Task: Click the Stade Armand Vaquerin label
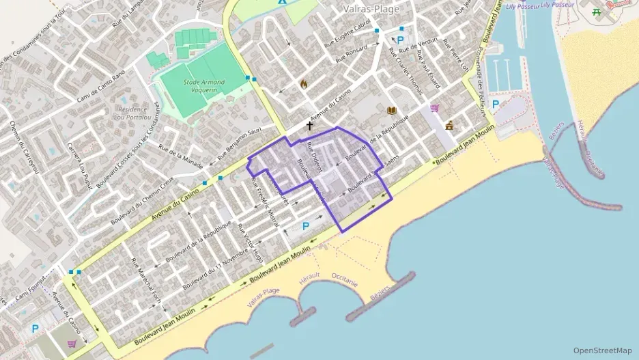click(204, 85)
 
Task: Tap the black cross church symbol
click(309, 126)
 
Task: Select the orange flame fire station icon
click(304, 84)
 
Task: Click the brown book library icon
click(391, 111)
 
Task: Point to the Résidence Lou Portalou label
click(132, 112)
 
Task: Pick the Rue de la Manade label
click(177, 156)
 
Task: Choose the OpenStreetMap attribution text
click(603, 350)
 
